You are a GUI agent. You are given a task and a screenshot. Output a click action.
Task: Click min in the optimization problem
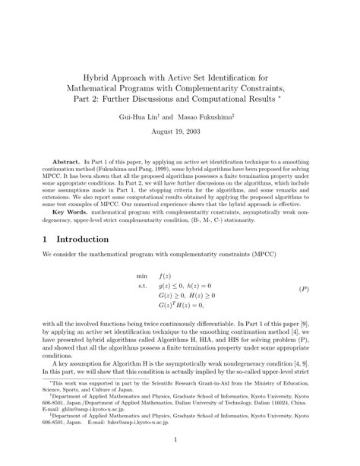tap(141, 296)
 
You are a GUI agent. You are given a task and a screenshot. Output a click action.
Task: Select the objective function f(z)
tap(166, 296)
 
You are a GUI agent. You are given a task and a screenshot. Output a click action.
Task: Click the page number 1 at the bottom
tap(180, 439)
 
